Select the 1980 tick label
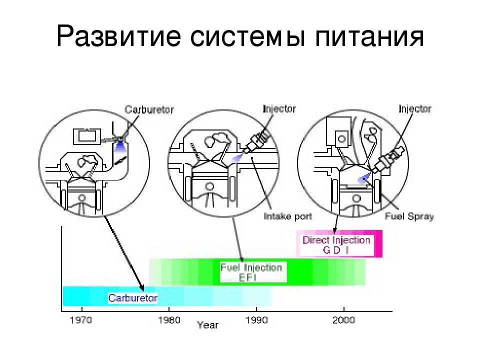(x=168, y=319)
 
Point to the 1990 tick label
(x=256, y=319)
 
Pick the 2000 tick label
(x=343, y=319)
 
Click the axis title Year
(x=207, y=325)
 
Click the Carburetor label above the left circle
(x=149, y=110)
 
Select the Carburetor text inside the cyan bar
(x=133, y=298)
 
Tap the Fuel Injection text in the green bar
(x=251, y=267)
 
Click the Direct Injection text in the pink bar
(x=336, y=240)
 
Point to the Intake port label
(x=287, y=216)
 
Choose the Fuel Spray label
(x=409, y=216)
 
